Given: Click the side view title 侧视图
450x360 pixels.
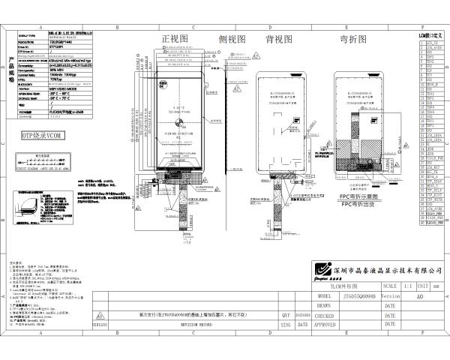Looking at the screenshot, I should point(232,38).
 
